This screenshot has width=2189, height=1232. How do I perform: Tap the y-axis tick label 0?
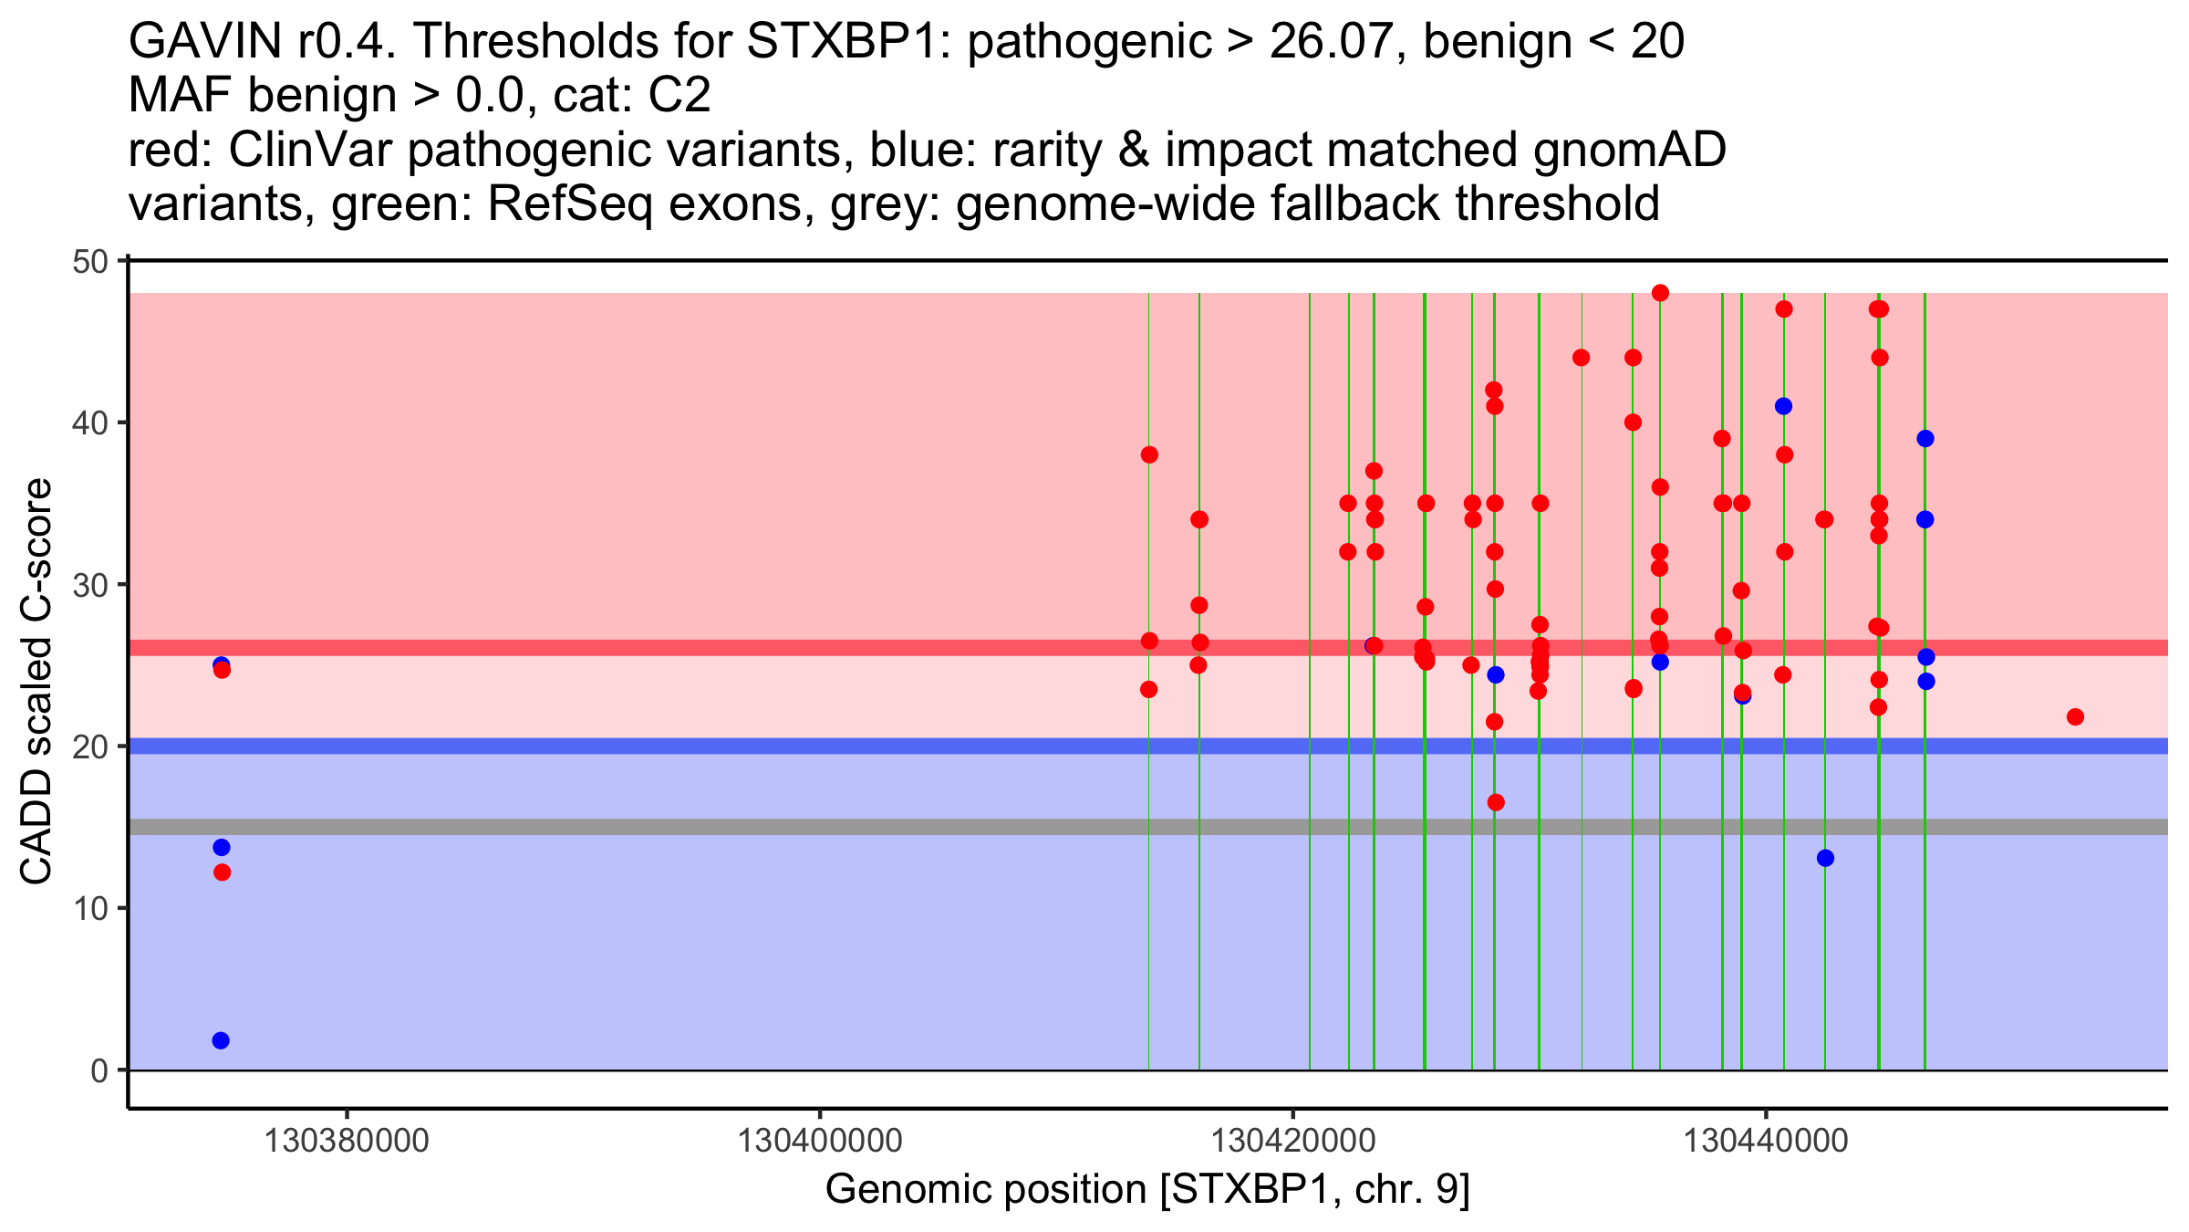click(x=99, y=1070)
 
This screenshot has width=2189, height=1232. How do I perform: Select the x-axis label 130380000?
click(x=346, y=1141)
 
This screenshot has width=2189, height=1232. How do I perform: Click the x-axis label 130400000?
click(x=819, y=1141)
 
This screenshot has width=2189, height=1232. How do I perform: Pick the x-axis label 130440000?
click(x=1766, y=1141)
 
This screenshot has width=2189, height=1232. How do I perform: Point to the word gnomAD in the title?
click(x=1629, y=150)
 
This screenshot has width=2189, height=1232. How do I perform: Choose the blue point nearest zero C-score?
click(x=221, y=1040)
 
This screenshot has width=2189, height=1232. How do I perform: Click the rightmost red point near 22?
click(x=2075, y=717)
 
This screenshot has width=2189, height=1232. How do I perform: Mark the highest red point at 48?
click(x=1660, y=293)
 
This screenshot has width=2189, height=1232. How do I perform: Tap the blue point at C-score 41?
click(x=1784, y=406)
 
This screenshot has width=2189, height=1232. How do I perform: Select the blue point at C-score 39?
click(x=1925, y=439)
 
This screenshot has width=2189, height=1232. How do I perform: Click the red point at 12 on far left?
click(x=222, y=872)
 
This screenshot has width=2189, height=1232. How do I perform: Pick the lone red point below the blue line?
click(x=1496, y=802)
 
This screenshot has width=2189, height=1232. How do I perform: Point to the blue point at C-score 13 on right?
click(x=1825, y=858)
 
